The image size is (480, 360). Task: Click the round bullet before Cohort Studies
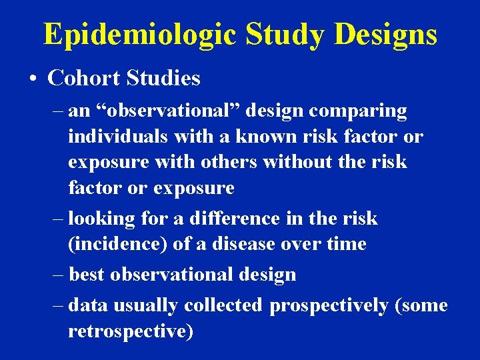coord(33,79)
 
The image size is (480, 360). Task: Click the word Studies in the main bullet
coord(162,78)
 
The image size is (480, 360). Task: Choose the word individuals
coord(118,137)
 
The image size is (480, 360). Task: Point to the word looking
coord(99,219)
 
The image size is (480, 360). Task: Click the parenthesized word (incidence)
coord(117,244)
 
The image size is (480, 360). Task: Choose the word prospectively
coord(329,305)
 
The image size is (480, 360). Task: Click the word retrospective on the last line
coord(127,331)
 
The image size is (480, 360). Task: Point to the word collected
coord(223,305)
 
